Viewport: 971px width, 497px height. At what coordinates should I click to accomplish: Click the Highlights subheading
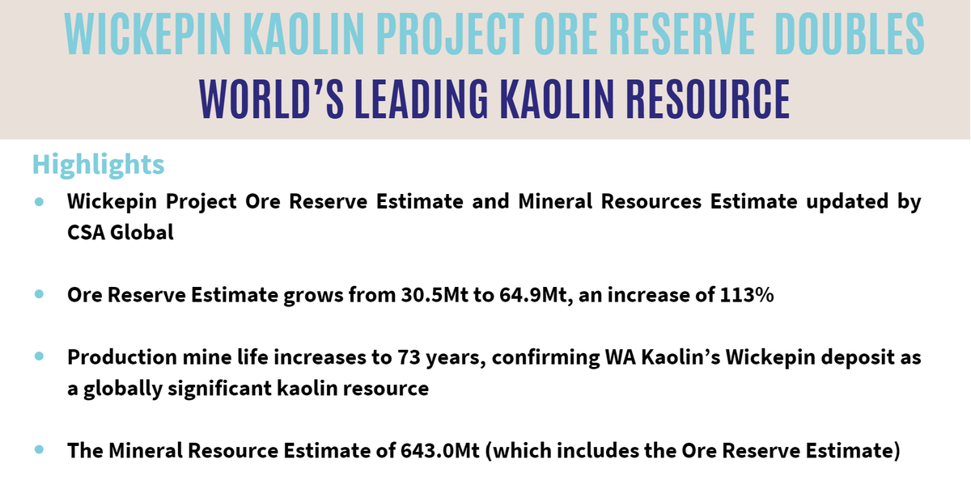[98, 164]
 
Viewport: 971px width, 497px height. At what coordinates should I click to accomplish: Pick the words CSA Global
[121, 234]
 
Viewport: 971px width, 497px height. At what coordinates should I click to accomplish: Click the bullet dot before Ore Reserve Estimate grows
[39, 295]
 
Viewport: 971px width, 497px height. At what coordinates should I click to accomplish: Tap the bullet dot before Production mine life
[39, 356]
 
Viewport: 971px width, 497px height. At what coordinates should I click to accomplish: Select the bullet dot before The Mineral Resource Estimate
[39, 449]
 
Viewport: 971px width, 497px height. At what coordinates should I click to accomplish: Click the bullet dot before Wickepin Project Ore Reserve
[39, 202]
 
